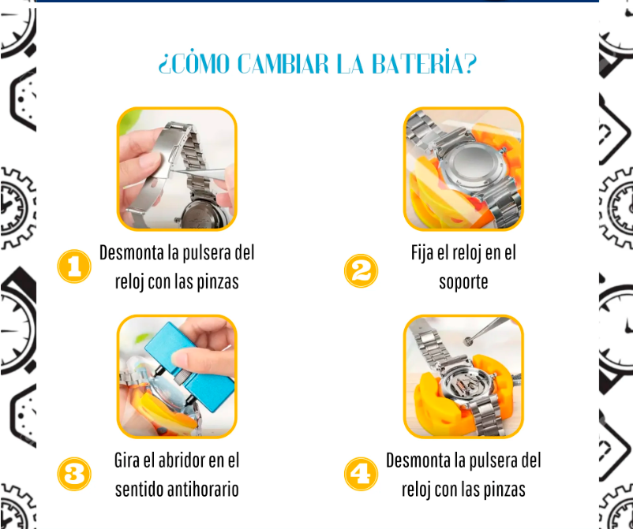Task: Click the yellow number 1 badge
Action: (x=74, y=266)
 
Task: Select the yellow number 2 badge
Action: (x=361, y=270)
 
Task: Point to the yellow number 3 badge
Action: (x=74, y=474)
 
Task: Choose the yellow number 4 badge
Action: (x=361, y=474)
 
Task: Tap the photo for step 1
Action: (x=177, y=169)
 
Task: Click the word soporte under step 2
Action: (x=463, y=281)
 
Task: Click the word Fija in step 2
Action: (x=424, y=253)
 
